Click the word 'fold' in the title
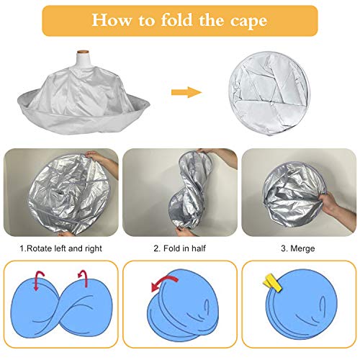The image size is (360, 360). [176, 20]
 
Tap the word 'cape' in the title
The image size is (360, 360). [248, 22]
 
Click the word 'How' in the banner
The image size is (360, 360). [112, 20]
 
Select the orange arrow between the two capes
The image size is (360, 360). [186, 92]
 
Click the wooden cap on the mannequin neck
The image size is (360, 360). [83, 52]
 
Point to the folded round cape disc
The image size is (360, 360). [269, 93]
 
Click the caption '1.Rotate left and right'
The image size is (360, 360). [61, 248]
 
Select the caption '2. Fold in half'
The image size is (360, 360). [179, 248]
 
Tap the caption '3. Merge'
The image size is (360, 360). [298, 248]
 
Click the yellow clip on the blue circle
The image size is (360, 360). [272, 283]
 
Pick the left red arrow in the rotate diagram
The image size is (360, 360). [39, 280]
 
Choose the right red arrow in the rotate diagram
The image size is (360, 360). [83, 278]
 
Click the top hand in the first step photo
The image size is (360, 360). [102, 161]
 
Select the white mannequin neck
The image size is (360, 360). [83, 60]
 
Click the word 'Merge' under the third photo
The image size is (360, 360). [302, 248]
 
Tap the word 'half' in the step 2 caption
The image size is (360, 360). [198, 248]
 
